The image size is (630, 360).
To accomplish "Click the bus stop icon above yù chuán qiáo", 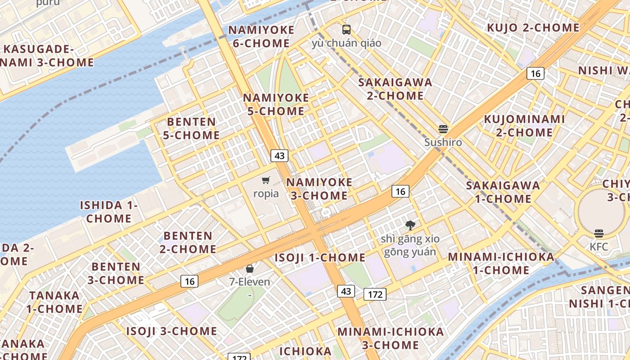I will [x=346, y=30].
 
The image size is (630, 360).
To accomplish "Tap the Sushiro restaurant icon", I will [x=443, y=129].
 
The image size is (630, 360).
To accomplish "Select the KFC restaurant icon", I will [x=598, y=234].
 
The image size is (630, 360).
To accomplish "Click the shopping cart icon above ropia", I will [x=266, y=180].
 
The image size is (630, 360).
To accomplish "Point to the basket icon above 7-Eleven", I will [x=250, y=269].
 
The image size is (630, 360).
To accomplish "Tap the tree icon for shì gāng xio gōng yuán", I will [x=410, y=225].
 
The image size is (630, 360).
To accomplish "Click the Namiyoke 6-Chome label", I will [x=261, y=37].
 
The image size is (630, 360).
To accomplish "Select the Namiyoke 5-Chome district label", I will [x=276, y=104].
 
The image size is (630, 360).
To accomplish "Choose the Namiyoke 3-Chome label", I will [x=319, y=189].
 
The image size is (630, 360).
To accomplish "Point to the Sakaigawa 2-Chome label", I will [x=395, y=89].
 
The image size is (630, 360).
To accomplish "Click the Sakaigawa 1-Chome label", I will [x=503, y=192].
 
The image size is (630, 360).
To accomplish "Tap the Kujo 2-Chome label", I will [x=533, y=28].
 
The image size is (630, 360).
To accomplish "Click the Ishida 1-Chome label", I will [x=109, y=212].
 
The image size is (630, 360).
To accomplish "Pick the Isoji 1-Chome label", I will [x=320, y=258].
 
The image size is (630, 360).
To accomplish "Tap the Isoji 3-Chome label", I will [x=171, y=332].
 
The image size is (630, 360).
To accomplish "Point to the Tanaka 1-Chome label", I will [x=54, y=302].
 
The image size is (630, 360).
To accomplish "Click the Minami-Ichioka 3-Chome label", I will [x=391, y=338].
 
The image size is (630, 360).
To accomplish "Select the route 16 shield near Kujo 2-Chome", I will [x=535, y=73].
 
